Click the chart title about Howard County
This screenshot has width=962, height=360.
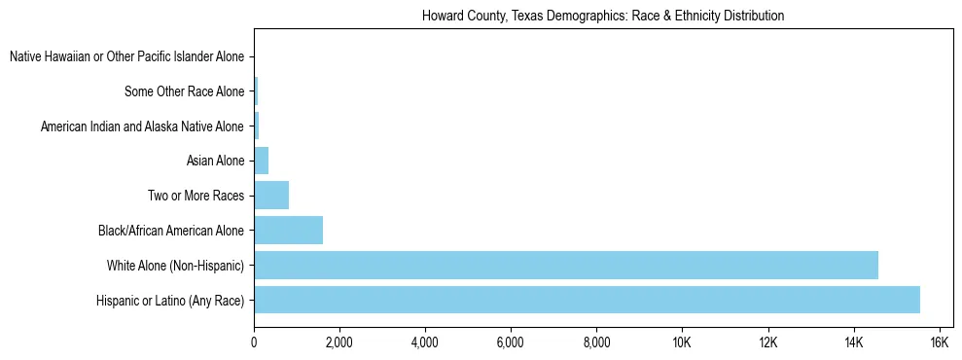coord(603,17)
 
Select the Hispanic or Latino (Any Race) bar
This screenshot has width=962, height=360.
coord(587,300)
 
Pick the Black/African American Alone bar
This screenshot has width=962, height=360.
coord(288,230)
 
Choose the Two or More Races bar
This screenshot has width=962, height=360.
coord(271,195)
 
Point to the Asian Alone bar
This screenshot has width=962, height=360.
coord(261,161)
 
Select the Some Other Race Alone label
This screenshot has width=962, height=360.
coord(185,91)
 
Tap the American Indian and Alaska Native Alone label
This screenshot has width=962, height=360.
coord(142,126)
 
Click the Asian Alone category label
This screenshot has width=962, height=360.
coord(215,161)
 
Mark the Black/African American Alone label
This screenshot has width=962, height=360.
coord(170,231)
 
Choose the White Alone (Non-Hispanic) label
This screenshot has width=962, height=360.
coord(175,265)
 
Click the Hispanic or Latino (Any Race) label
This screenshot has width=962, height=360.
coord(170,300)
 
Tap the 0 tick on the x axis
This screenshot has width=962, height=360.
coord(254,342)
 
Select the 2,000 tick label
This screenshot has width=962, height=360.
coord(339,342)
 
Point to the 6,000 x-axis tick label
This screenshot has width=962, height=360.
coord(511,342)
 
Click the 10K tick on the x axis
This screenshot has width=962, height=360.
coord(682,342)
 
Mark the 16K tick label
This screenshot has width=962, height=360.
coord(939,342)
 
